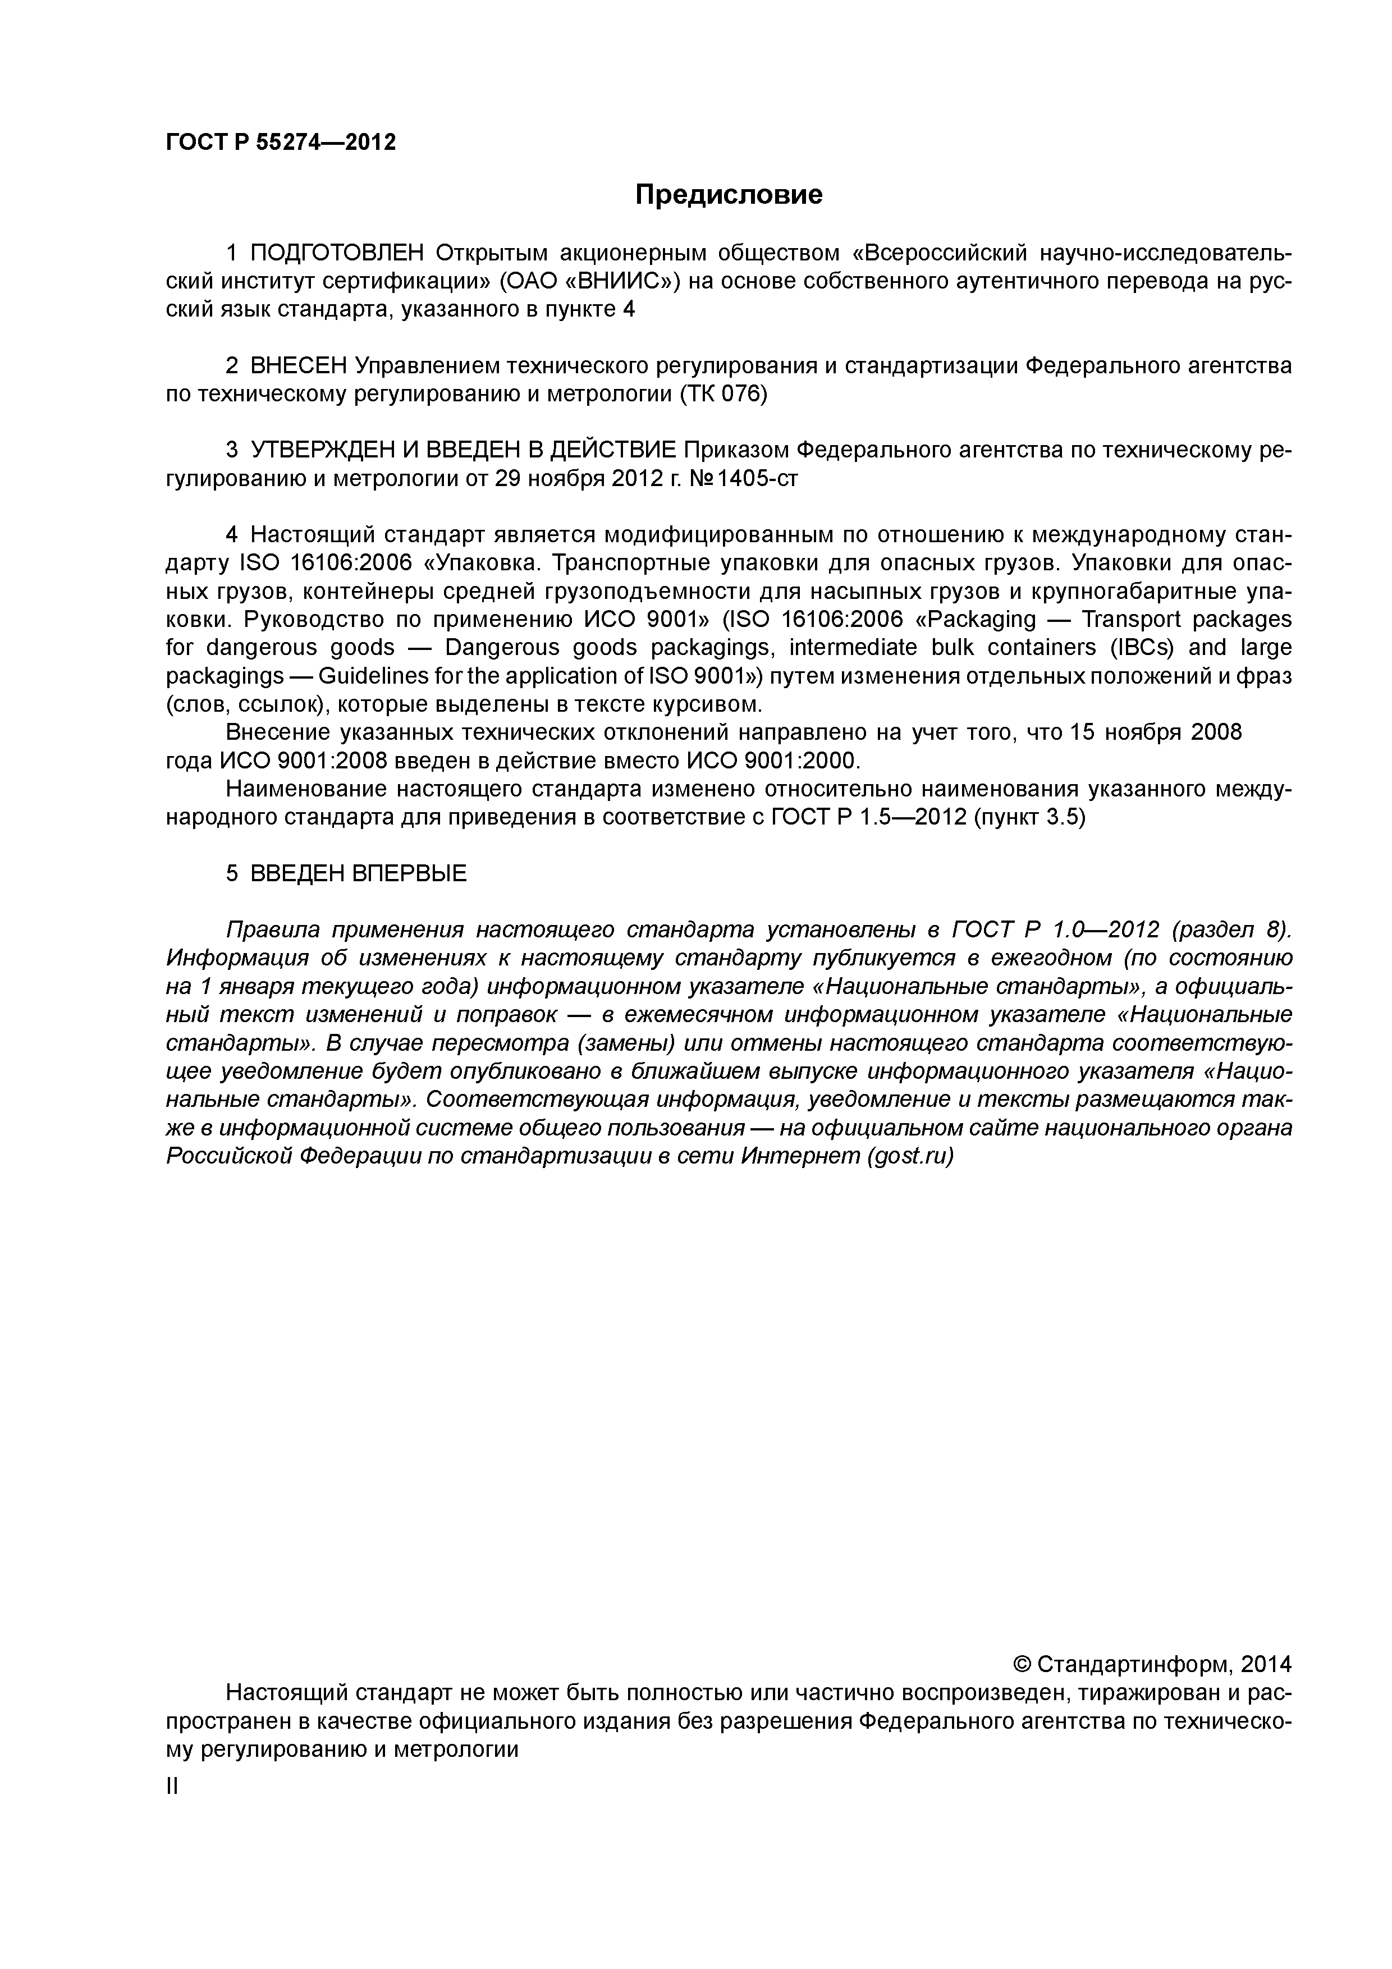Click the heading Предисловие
728,195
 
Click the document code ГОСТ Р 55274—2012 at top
281,143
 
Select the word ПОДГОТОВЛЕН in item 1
337,253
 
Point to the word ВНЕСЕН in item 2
299,366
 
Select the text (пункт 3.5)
1029,817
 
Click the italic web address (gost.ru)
911,1156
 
